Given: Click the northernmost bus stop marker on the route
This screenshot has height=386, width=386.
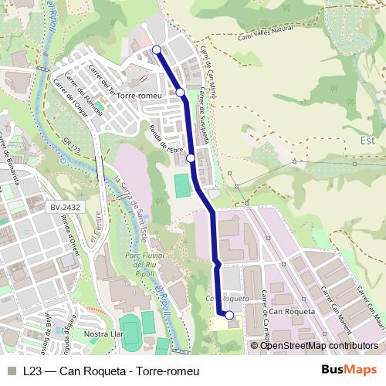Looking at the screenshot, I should tap(157, 50).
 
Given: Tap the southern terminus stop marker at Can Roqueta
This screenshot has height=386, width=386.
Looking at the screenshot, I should tap(229, 315).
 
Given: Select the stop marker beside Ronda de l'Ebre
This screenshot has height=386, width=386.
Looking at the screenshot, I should tap(191, 158).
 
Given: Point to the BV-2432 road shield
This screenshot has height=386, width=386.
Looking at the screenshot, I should tap(66, 208).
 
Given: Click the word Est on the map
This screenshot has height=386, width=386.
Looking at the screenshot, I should tap(367, 141).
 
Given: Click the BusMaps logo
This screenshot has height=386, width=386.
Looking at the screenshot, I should tap(348, 371).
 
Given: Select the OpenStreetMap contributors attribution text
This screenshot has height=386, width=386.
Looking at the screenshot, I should tap(319, 345).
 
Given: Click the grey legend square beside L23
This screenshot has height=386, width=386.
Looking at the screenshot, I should tap(12, 371).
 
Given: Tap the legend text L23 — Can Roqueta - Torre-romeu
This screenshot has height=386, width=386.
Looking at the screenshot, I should tap(111, 371).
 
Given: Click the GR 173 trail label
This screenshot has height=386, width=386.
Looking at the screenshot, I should tap(73, 146).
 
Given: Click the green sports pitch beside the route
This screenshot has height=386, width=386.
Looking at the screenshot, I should tap(181, 186).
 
